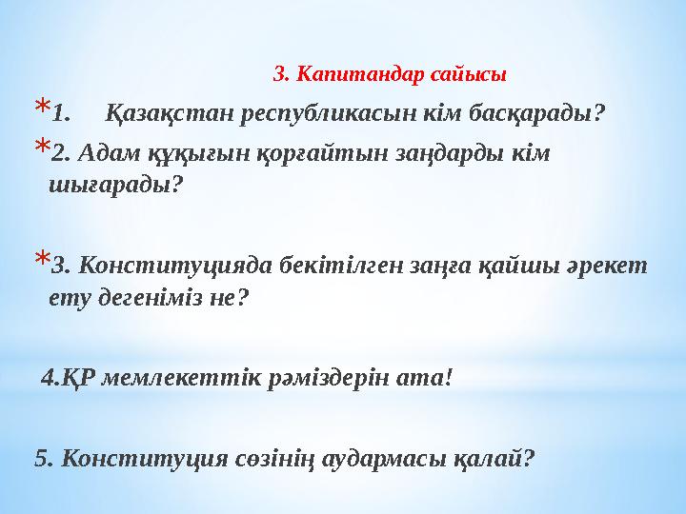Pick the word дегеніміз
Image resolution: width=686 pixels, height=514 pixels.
pos(152,298)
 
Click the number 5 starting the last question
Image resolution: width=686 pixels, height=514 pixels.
pos(40,457)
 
